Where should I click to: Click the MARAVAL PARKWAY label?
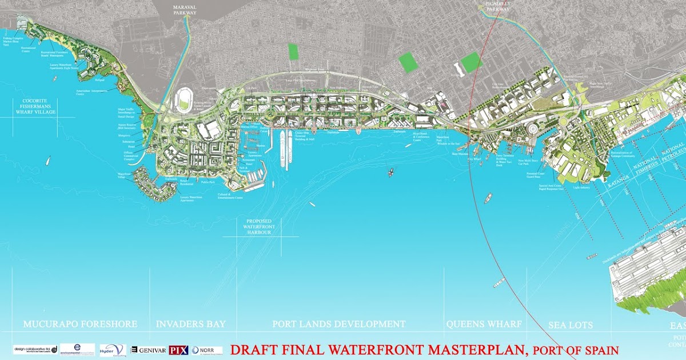coord(185,10)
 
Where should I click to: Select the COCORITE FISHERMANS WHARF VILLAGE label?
coord(36,106)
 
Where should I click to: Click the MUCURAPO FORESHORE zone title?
coord(80,324)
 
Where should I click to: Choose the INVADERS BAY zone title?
coord(191,324)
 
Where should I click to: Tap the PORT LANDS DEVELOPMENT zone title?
coord(339,324)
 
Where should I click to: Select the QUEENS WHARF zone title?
coord(484,324)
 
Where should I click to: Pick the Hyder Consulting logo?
coord(111,350)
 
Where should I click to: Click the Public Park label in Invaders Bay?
coord(208,182)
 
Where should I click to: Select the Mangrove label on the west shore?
coord(125,135)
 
